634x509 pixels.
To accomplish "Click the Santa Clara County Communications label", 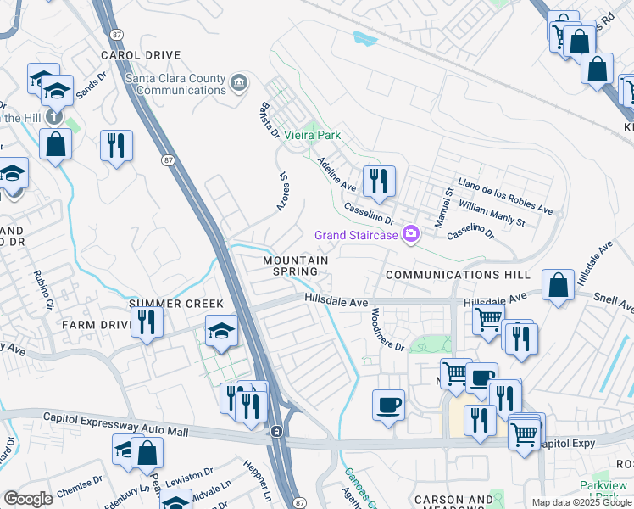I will coord(175,84).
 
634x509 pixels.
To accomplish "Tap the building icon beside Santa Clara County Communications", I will coord(239,82).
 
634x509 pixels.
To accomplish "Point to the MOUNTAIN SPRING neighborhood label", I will coord(295,266).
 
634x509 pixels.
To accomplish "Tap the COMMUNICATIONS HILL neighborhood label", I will coord(457,276).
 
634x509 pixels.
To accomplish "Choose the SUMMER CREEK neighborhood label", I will coord(175,304).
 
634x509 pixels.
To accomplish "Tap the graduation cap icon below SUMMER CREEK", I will coord(220,331).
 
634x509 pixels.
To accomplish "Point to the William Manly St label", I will coord(492,213).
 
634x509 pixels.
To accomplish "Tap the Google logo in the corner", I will coord(28,499).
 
